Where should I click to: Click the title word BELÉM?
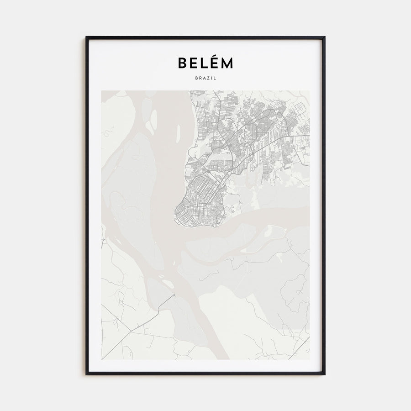tap(205, 63)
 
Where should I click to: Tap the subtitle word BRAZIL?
tap(205, 78)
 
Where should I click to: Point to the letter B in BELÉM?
tap(182, 63)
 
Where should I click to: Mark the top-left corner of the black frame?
tap(86, 37)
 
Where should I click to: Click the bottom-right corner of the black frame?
tap(325, 374)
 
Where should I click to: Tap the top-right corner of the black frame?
tap(325, 37)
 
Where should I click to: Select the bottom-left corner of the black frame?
tap(86, 374)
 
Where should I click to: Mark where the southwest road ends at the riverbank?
tap(174, 295)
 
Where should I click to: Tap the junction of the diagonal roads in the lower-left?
tap(132, 331)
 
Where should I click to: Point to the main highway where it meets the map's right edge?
tap(309, 135)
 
